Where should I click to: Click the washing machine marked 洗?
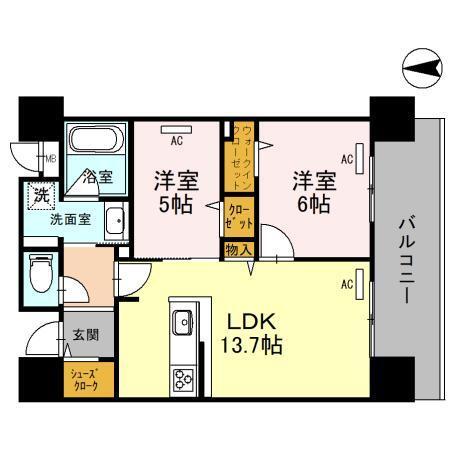click(x=41, y=193)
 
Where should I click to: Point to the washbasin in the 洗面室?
click(x=114, y=220)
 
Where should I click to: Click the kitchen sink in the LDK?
click(x=183, y=322)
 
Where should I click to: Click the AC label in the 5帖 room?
click(x=176, y=141)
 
